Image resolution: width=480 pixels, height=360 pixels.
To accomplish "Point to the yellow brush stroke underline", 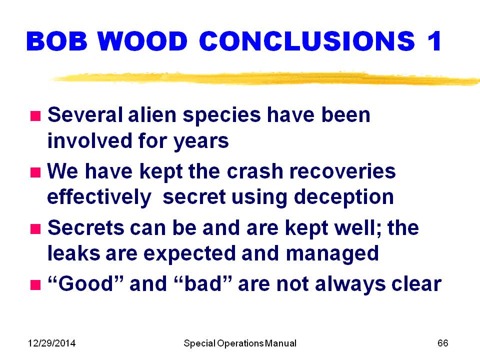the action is (265, 78).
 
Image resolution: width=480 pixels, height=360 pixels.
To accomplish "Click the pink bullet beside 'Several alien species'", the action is (35, 116).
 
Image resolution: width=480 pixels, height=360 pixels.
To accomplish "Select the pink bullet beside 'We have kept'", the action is (35, 172).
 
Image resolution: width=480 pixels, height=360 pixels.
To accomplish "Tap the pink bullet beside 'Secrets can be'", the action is (35, 228).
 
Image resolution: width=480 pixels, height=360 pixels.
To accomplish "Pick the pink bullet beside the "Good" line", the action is (35, 284).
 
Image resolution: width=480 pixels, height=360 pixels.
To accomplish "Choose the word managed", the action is (332, 254).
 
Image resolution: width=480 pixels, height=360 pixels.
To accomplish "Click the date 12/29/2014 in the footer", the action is (51, 343).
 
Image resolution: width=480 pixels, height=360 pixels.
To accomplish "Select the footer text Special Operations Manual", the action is (240, 343).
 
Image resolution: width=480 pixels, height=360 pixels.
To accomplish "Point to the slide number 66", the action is (443, 343).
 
